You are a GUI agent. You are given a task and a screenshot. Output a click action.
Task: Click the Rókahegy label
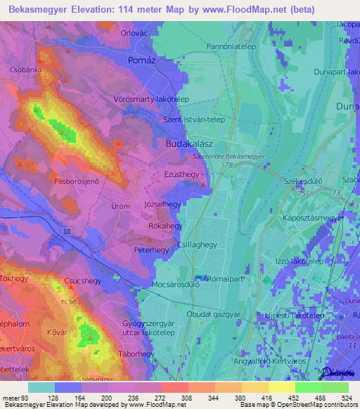click(x=166, y=226)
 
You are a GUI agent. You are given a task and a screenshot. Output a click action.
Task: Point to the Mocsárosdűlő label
click(x=176, y=285)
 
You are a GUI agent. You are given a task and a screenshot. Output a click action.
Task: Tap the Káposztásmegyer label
click(x=313, y=219)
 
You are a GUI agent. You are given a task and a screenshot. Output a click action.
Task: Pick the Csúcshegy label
click(x=81, y=279)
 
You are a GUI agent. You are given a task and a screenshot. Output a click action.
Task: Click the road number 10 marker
click(x=66, y=231)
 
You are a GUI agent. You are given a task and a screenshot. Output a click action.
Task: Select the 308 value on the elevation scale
click(x=167, y=398)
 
